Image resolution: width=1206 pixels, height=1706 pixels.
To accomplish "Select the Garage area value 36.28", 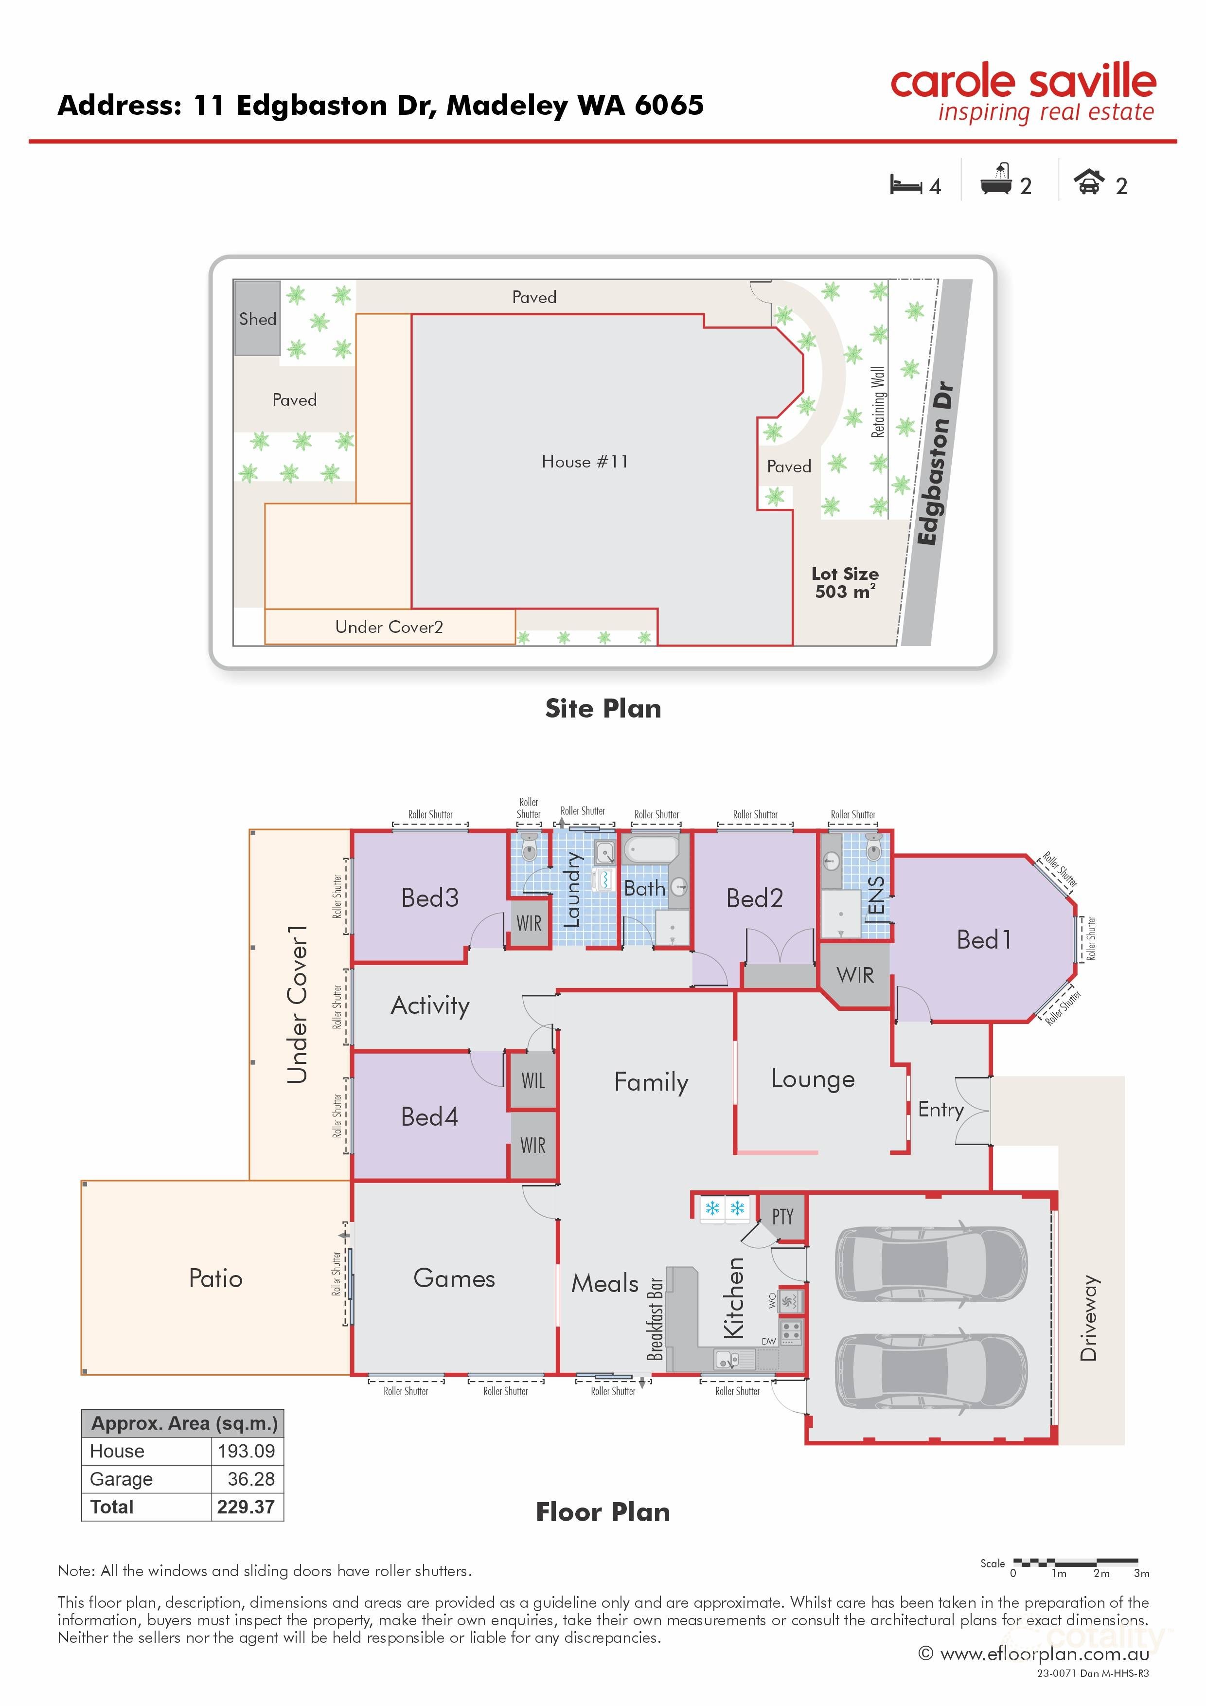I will coord(250,1479).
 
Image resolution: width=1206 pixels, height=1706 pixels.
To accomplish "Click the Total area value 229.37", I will coord(246,1507).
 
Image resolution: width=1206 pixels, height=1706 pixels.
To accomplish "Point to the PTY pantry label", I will coord(782,1216).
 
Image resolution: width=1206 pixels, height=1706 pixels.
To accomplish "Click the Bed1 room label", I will coord(983,940).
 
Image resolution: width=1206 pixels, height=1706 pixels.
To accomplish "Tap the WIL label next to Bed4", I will coord(532,1080).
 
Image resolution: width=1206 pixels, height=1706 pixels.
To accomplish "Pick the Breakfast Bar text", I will coord(655,1319).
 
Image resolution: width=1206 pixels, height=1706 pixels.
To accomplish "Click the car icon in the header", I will coord(1089,182).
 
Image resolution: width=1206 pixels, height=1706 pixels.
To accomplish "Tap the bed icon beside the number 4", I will coord(906,184).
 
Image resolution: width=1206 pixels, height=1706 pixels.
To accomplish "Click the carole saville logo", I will coord(1023,93).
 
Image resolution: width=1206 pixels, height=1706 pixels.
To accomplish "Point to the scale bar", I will coord(1075,1562).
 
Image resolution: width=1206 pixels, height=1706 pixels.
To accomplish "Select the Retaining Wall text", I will coord(878,401).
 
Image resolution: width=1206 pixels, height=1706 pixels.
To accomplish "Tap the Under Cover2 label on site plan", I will coord(389,627).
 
